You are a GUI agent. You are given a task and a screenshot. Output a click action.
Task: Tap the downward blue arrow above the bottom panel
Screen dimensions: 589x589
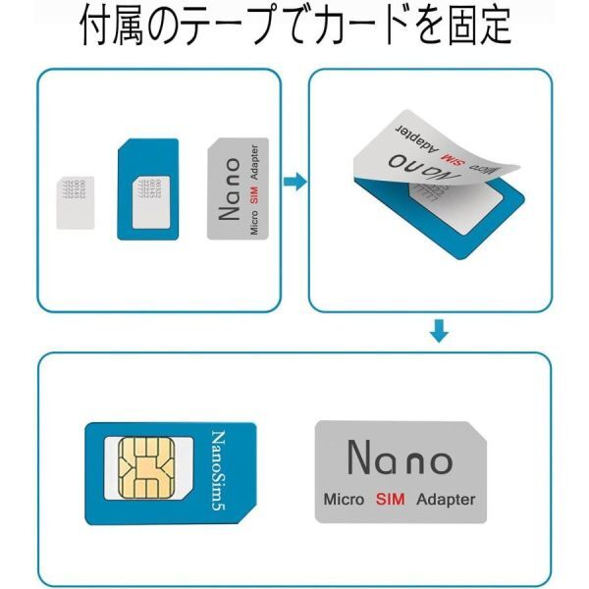pyautogui.click(x=440, y=334)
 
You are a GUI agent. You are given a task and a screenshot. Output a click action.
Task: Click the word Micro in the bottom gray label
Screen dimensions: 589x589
pyautogui.click(x=345, y=499)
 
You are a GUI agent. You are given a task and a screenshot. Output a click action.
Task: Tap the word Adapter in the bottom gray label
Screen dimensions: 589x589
pyautogui.click(x=445, y=499)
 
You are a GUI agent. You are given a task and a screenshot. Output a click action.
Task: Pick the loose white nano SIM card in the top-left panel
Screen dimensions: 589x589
pyautogui.click(x=73, y=201)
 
